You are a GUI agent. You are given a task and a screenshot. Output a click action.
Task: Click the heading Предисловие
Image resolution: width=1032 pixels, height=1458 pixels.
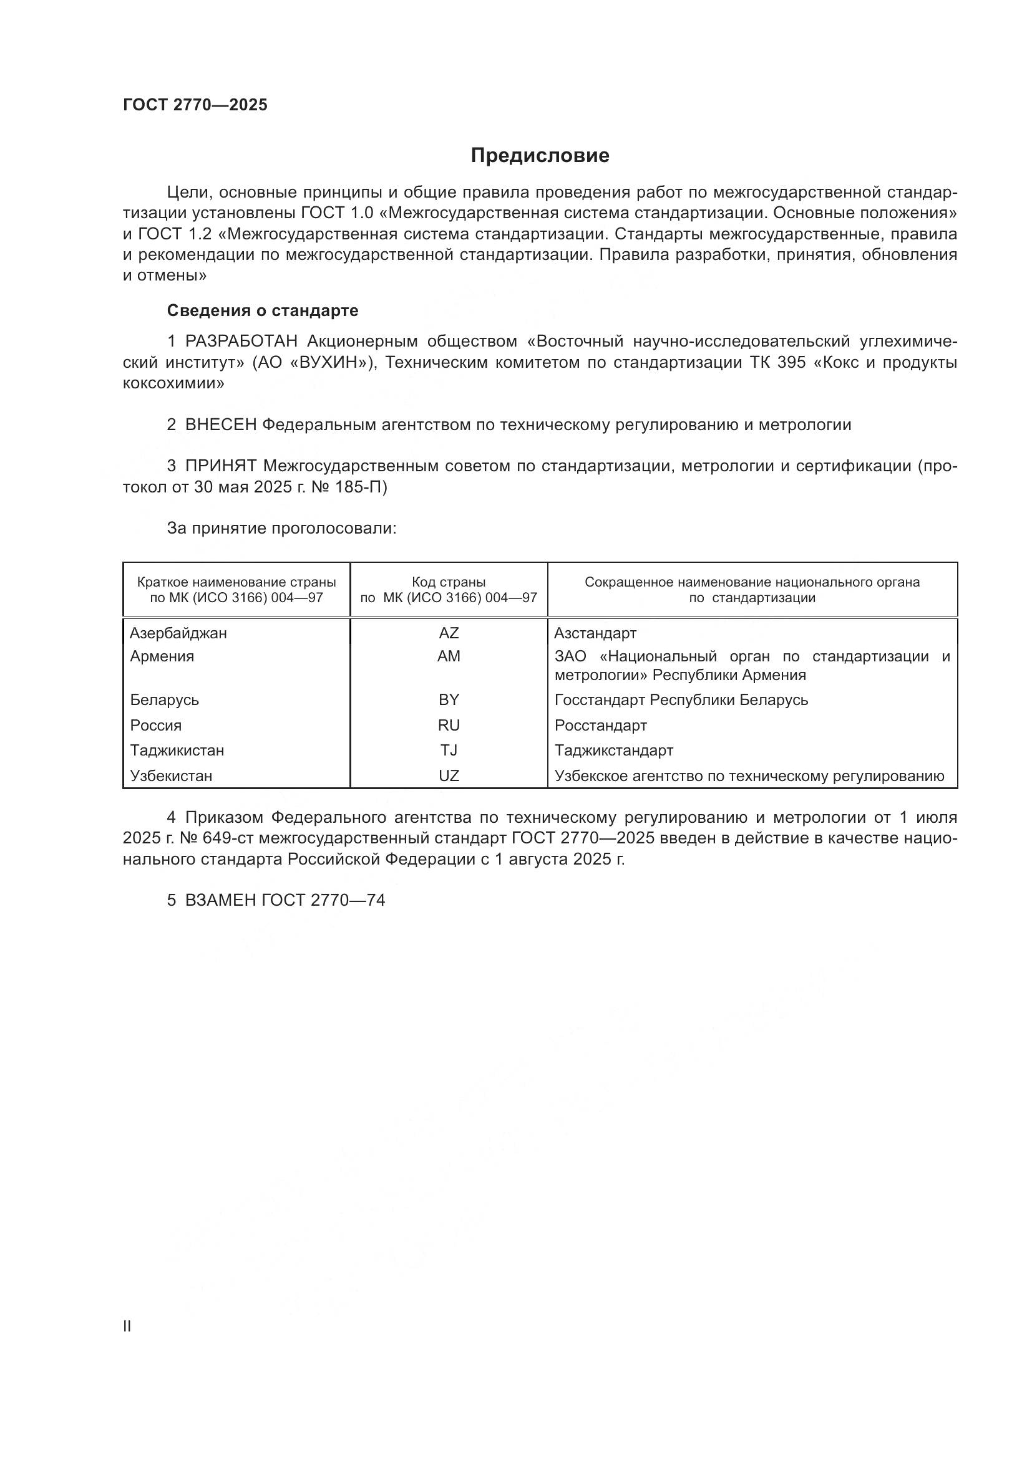(540, 156)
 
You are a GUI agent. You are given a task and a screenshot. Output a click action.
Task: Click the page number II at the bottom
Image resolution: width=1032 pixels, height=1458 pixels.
(127, 1326)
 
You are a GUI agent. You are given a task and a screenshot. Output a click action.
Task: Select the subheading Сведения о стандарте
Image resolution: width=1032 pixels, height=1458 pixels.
(263, 310)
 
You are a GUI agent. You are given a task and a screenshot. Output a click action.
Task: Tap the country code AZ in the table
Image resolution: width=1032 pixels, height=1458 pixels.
(449, 633)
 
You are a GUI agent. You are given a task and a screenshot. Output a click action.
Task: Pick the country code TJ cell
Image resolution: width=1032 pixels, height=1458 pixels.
(449, 751)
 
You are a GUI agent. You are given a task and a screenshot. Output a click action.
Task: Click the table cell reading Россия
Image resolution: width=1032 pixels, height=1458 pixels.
(156, 725)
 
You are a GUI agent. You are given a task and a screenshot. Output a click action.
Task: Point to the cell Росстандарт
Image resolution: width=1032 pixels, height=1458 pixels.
(600, 725)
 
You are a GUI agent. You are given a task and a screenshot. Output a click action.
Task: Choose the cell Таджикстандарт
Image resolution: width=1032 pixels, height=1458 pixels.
(613, 751)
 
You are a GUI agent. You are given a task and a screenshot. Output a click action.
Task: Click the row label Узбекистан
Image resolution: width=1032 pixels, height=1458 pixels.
(171, 776)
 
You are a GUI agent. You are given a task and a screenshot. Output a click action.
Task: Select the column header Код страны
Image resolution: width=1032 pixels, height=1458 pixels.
(449, 582)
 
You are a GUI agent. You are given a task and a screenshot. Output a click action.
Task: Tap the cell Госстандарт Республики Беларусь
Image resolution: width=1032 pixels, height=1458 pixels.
(681, 700)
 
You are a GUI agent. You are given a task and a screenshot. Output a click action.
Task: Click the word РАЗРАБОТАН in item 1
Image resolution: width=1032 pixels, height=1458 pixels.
(241, 342)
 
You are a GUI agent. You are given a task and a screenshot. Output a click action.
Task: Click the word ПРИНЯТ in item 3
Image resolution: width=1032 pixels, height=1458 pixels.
(220, 466)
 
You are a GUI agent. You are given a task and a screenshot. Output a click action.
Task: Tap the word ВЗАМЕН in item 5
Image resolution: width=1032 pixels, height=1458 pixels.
(220, 901)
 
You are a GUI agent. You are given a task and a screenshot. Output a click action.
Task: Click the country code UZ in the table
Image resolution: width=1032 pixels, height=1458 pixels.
(449, 776)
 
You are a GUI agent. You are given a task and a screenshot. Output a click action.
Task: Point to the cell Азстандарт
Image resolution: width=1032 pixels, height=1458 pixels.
(595, 633)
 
